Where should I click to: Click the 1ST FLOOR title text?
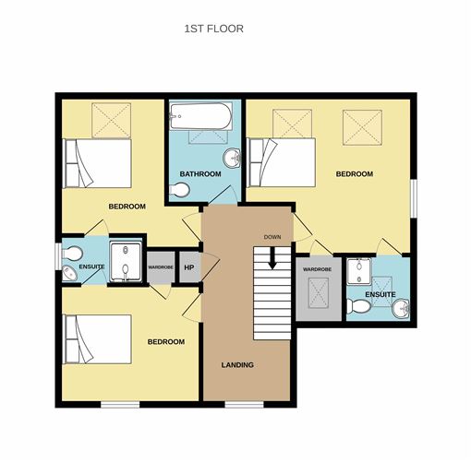coord(214,29)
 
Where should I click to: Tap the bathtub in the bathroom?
coord(201,116)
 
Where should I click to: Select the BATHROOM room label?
coord(200,174)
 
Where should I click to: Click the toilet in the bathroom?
coord(179,190)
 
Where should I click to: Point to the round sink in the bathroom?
coord(232,158)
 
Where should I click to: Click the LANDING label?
coord(237,365)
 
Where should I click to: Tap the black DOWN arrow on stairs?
coord(272,257)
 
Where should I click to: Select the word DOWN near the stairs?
coord(272,237)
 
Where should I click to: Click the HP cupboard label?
coord(189,267)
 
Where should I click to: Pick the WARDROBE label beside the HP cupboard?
coord(161,267)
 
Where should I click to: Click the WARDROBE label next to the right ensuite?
coord(317,269)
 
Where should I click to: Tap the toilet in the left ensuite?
coord(72,254)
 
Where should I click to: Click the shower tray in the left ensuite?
coord(126,262)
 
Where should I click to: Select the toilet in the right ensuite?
coord(358,306)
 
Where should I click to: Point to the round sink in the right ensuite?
coord(401,308)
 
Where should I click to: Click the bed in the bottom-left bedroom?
coord(97,339)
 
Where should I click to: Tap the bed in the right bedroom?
coord(282,162)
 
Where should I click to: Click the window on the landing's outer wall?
coord(245,404)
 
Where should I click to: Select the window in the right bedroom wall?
coord(414,198)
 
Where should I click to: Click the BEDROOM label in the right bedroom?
coord(355,174)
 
